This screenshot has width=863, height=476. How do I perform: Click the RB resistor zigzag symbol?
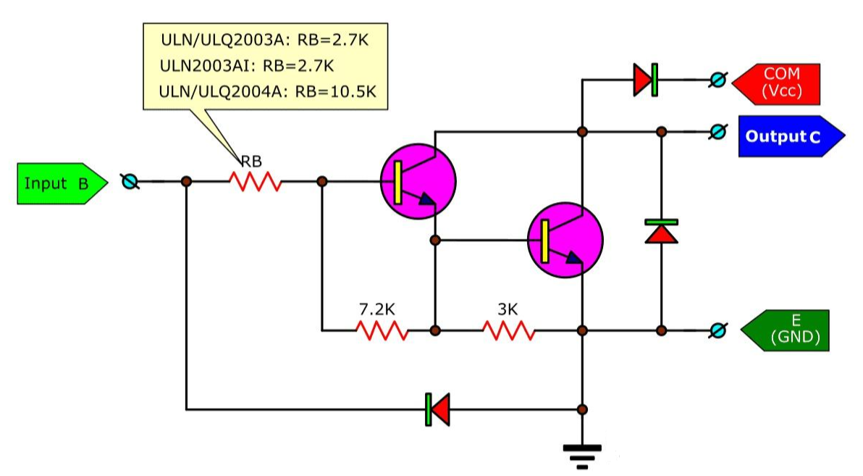pos(255,181)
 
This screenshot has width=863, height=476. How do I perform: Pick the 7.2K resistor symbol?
pos(382,331)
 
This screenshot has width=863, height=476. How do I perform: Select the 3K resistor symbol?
pos(509,331)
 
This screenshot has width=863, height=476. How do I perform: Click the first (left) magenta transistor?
pos(418,180)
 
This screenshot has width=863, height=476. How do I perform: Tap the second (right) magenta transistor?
pos(565,238)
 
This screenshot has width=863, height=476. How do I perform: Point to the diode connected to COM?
pos(645,80)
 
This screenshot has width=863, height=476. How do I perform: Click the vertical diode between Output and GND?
pos(661,232)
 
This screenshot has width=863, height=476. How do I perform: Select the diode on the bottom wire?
pos(437,409)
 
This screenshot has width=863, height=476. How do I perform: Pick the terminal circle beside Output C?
pos(717,132)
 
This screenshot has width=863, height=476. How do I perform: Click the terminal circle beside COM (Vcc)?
pos(717,80)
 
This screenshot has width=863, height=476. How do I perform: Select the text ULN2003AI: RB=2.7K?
pos(248,66)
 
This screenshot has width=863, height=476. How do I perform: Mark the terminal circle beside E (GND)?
pos(717,331)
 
